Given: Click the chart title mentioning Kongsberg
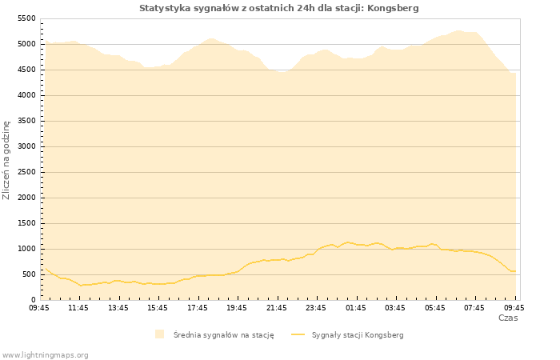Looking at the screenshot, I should pos(278,8).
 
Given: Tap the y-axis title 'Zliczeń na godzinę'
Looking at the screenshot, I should pos(7,160).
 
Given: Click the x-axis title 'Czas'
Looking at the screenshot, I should pos(507,318).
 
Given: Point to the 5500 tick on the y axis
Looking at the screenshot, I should pos(26,18).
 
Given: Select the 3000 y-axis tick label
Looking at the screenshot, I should pos(26,146).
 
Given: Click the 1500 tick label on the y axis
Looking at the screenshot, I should pos(26,223).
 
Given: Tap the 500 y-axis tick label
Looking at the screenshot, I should pos(29,274).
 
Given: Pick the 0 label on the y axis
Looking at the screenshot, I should pos(33,300).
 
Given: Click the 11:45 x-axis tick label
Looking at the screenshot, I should pos(78,307).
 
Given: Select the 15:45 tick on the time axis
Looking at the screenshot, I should pos(158,307).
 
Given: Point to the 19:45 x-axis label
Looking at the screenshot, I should pos(237,307).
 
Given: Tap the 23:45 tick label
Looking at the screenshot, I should pos(316,307).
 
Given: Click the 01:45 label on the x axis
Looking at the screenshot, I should pos(356,307).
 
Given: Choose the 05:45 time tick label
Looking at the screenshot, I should pos(435,307).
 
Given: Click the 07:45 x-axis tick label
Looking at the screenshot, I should pos(474,307).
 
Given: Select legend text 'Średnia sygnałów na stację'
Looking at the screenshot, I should pos(223,335).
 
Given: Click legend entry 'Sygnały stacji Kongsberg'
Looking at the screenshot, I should pos(357,335).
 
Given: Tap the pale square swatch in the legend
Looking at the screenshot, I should pos(160,334).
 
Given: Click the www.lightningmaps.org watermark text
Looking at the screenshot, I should pos(46,354).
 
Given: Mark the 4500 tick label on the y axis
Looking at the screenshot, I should pos(26,70).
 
